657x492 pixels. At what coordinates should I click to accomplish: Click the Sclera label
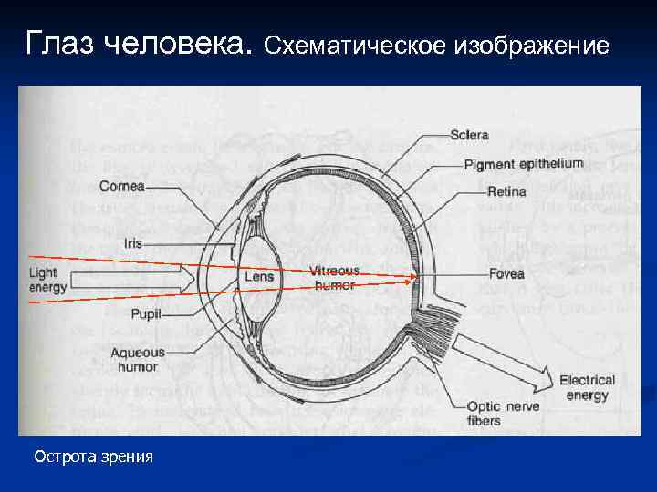[x=469, y=135]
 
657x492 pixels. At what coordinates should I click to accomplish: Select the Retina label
[x=482, y=192]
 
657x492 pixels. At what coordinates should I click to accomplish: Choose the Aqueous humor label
[x=139, y=360]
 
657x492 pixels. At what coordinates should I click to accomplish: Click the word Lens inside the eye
[x=260, y=275]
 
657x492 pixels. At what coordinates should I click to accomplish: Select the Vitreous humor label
[x=334, y=278]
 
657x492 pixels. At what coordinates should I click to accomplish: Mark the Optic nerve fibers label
[x=503, y=413]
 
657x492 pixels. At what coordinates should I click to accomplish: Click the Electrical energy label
[x=587, y=387]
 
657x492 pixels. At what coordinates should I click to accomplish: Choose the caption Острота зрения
[x=94, y=456]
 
